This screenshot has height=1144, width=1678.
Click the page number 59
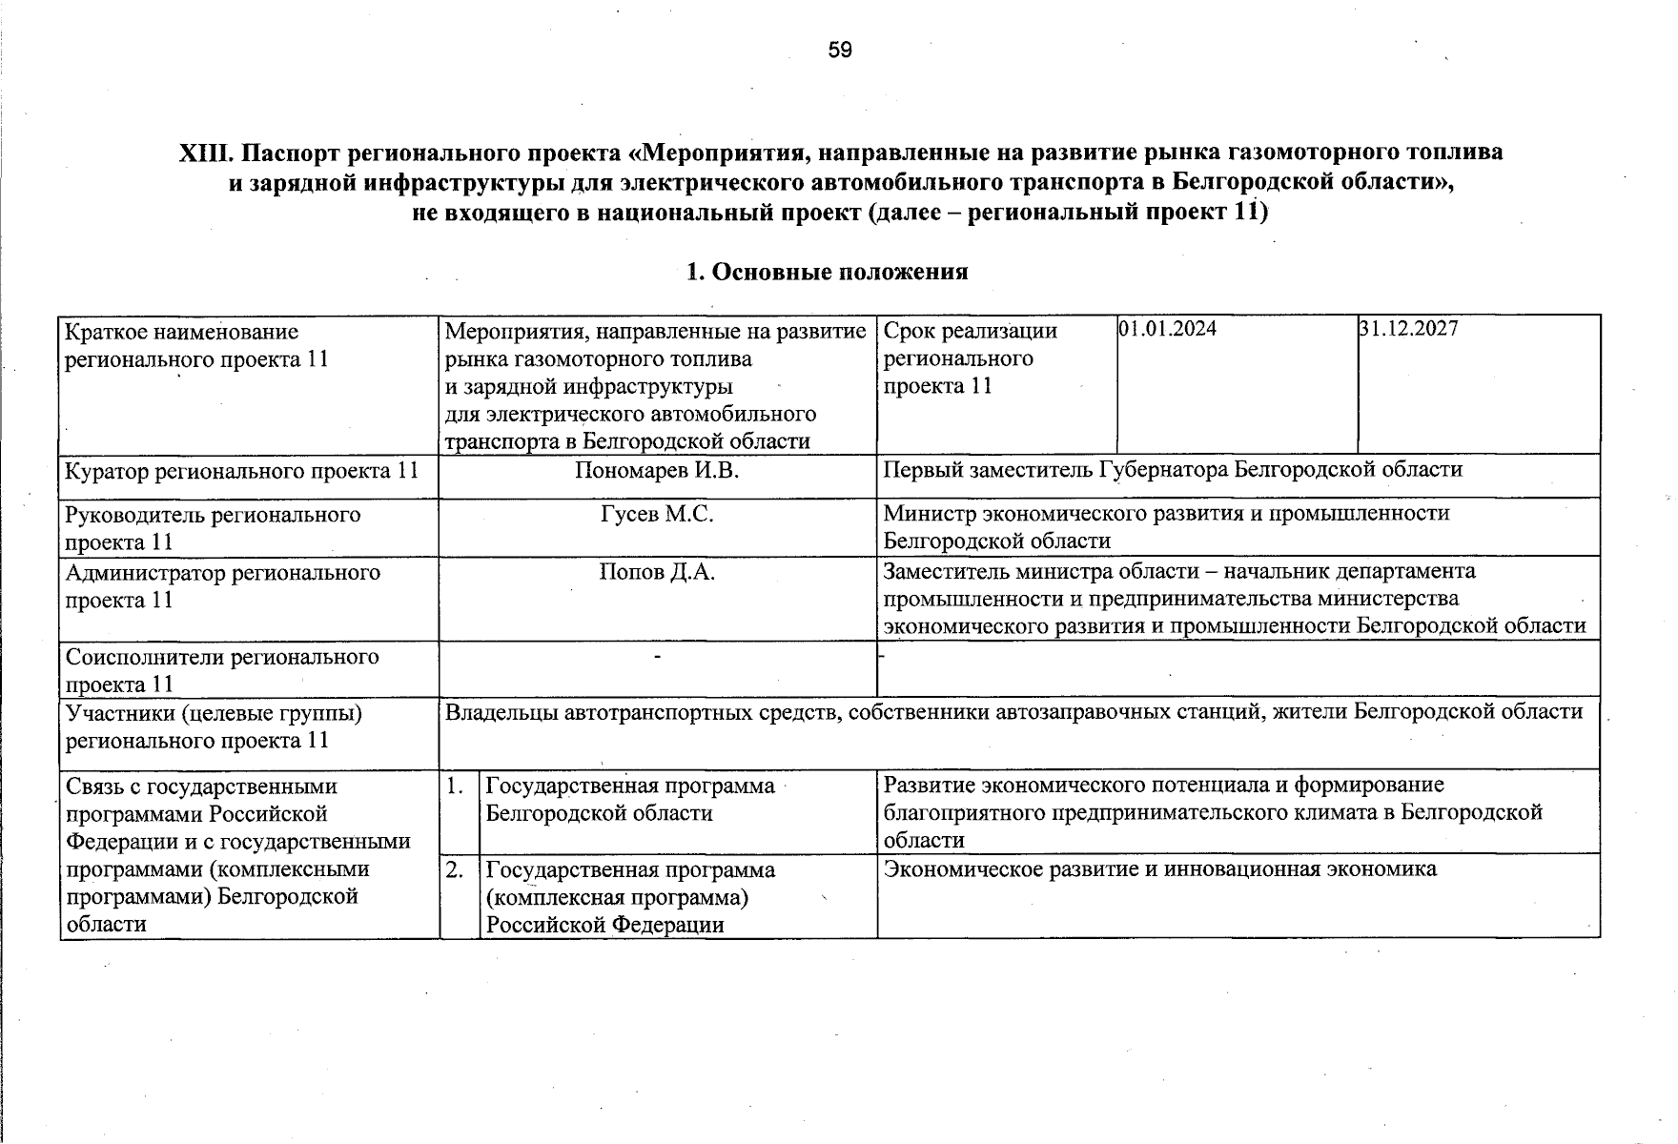pos(839,50)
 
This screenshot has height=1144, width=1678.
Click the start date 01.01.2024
pos(1167,329)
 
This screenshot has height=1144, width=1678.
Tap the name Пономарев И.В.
pos(657,470)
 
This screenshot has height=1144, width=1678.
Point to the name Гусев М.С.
pos(657,515)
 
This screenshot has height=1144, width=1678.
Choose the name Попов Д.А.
pos(657,572)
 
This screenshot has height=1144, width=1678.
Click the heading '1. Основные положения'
pos(827,272)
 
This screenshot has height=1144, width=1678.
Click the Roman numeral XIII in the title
pos(206,153)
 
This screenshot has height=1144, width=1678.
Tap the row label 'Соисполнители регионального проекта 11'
pos(221,670)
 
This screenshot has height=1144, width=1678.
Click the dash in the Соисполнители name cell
pos(657,657)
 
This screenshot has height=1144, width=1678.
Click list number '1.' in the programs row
pos(456,786)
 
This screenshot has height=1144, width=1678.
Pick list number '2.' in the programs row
pos(456,869)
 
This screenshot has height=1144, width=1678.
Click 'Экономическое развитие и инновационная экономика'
pos(1159,868)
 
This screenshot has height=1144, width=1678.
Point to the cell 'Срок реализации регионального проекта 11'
pos(970,358)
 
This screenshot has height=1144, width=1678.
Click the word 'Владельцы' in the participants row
pos(496,712)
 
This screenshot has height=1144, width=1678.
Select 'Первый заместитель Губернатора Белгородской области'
pos(1173,469)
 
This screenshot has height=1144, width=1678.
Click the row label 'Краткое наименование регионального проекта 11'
pos(196,346)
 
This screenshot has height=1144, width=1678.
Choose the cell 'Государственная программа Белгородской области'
pos(629,800)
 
